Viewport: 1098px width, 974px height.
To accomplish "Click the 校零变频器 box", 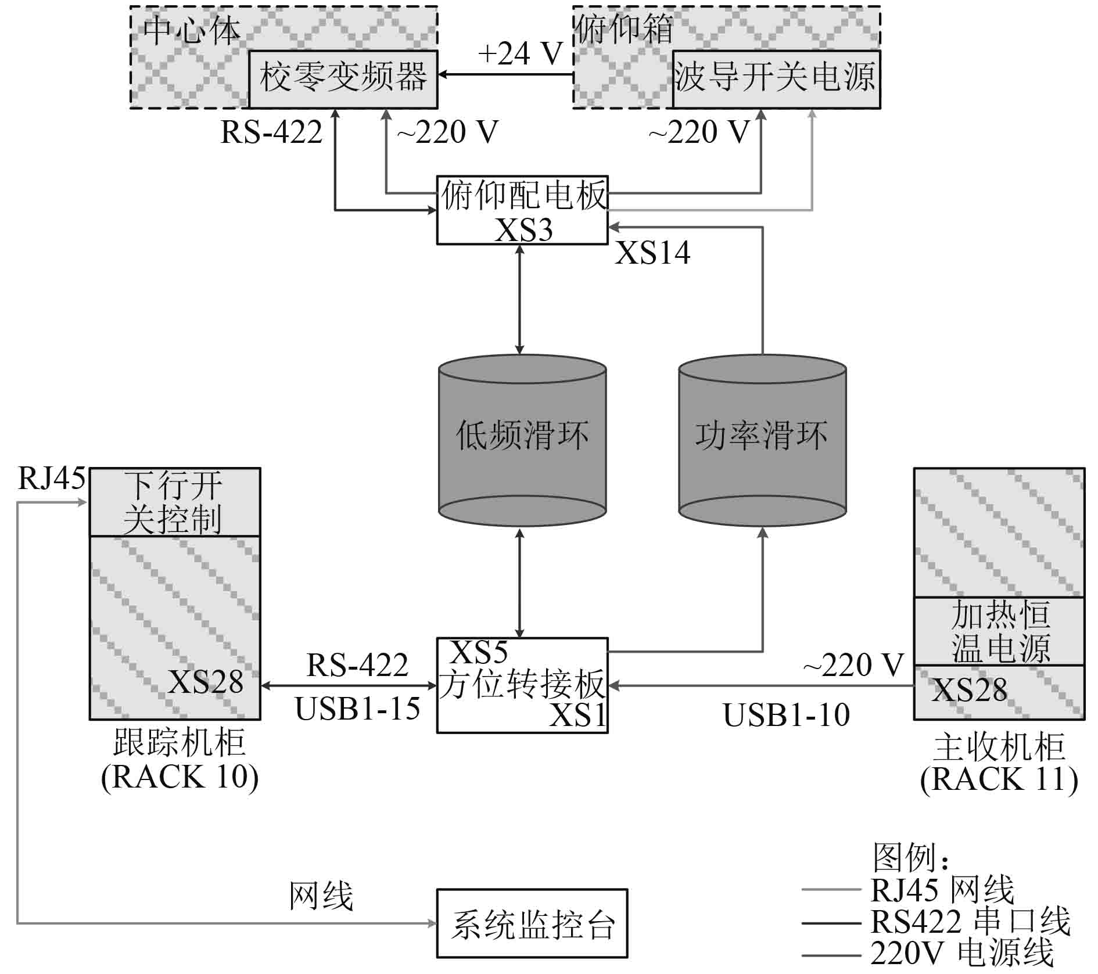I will (x=343, y=79).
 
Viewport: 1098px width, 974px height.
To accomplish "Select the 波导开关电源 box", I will (x=776, y=79).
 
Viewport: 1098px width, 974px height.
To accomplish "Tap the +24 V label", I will (x=520, y=54).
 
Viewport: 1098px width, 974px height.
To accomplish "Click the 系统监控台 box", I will (x=532, y=923).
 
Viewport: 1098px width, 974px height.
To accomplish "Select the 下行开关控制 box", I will (x=174, y=502).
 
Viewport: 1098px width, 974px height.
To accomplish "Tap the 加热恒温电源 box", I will (x=999, y=631).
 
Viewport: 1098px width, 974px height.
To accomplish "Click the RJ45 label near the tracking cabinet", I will (x=51, y=479).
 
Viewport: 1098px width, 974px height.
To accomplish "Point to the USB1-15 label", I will (x=357, y=709).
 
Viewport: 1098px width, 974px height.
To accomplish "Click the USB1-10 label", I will (x=786, y=714).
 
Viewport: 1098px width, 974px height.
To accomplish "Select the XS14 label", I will (x=652, y=253).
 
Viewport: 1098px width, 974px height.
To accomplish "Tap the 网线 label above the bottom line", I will (x=321, y=895).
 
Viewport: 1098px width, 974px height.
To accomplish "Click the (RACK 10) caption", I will (x=180, y=777).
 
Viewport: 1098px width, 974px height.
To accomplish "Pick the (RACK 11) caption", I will (x=999, y=779).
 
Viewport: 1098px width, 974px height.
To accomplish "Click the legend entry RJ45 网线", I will (x=942, y=889).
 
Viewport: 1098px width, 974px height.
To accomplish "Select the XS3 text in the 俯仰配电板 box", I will (x=523, y=230).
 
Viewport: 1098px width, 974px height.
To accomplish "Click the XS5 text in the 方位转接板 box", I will (x=479, y=652).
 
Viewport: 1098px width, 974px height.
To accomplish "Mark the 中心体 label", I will (x=192, y=30).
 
